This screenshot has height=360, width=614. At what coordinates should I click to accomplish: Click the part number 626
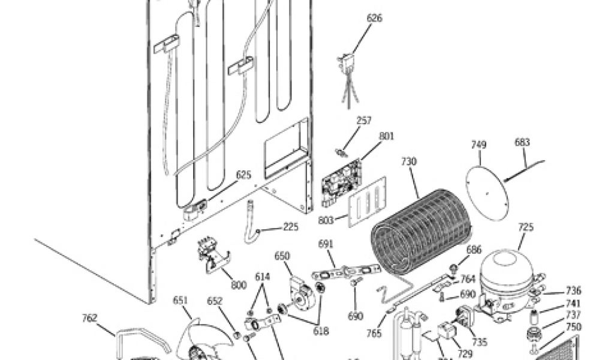pyautogui.click(x=374, y=19)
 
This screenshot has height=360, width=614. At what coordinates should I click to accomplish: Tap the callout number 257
pyautogui.click(x=364, y=121)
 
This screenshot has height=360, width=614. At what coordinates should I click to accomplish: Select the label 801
pyautogui.click(x=387, y=136)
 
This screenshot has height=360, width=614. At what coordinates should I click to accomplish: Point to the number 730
pyautogui.click(x=409, y=161)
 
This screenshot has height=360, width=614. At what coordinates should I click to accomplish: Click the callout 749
pyautogui.click(x=478, y=145)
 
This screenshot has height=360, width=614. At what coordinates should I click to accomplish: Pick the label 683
pyautogui.click(x=522, y=143)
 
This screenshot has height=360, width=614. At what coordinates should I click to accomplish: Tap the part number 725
pyautogui.click(x=526, y=227)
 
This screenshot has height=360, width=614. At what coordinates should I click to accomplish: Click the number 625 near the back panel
pyautogui.click(x=243, y=175)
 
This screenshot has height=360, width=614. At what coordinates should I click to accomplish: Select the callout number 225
pyautogui.click(x=290, y=227)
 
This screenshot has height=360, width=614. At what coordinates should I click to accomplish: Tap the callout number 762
pyautogui.click(x=89, y=318)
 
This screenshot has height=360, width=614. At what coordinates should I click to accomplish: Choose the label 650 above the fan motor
pyautogui.click(x=282, y=256)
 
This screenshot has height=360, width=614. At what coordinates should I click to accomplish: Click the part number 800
pyautogui.click(x=239, y=286)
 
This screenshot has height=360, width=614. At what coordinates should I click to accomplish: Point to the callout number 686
pyautogui.click(x=474, y=250)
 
